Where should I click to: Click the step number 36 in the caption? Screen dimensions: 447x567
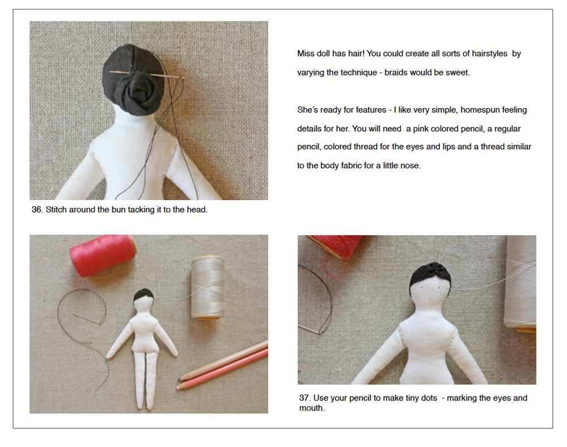pos(37,210)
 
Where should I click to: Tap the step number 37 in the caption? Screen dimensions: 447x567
pos(305,398)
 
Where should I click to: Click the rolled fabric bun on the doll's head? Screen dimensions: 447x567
pos(136,88)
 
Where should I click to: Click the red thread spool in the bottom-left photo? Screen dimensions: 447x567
pos(102,255)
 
